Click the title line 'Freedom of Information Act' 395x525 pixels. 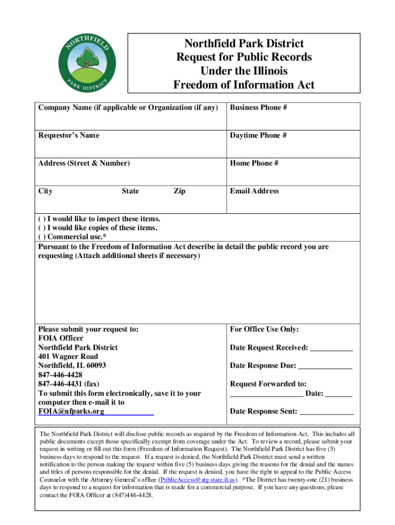click(x=244, y=85)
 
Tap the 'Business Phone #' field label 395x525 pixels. click(x=258, y=108)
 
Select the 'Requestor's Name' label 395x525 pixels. click(x=69, y=135)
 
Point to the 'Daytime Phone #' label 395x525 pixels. click(x=258, y=135)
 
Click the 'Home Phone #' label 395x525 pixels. click(x=254, y=163)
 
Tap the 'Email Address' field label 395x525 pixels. click(x=254, y=191)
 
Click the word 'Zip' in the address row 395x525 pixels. click(x=180, y=191)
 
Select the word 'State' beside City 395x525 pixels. click(x=130, y=191)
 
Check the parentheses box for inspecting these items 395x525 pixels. click(x=42, y=219)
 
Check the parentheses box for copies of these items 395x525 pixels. click(x=42, y=228)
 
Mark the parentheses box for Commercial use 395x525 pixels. click(x=42, y=236)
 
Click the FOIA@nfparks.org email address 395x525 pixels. click(x=71, y=411)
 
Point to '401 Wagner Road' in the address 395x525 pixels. click(x=68, y=356)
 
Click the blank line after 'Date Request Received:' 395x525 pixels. click(x=331, y=348)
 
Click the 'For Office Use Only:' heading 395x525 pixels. click(x=264, y=329)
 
